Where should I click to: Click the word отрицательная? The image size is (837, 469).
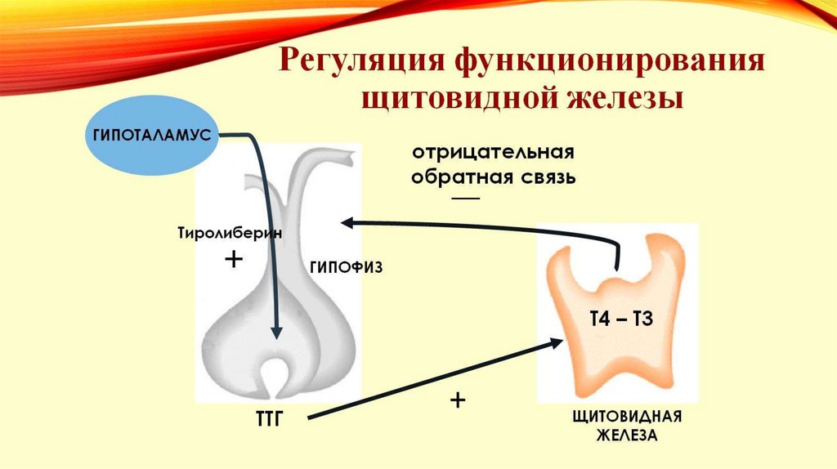tap(494, 154)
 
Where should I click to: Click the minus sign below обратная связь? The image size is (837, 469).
tap(466, 199)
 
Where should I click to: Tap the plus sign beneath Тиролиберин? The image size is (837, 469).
tap(234, 261)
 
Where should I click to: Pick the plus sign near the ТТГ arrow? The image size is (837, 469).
tap(458, 401)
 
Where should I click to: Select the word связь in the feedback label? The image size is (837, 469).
tap(548, 177)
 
